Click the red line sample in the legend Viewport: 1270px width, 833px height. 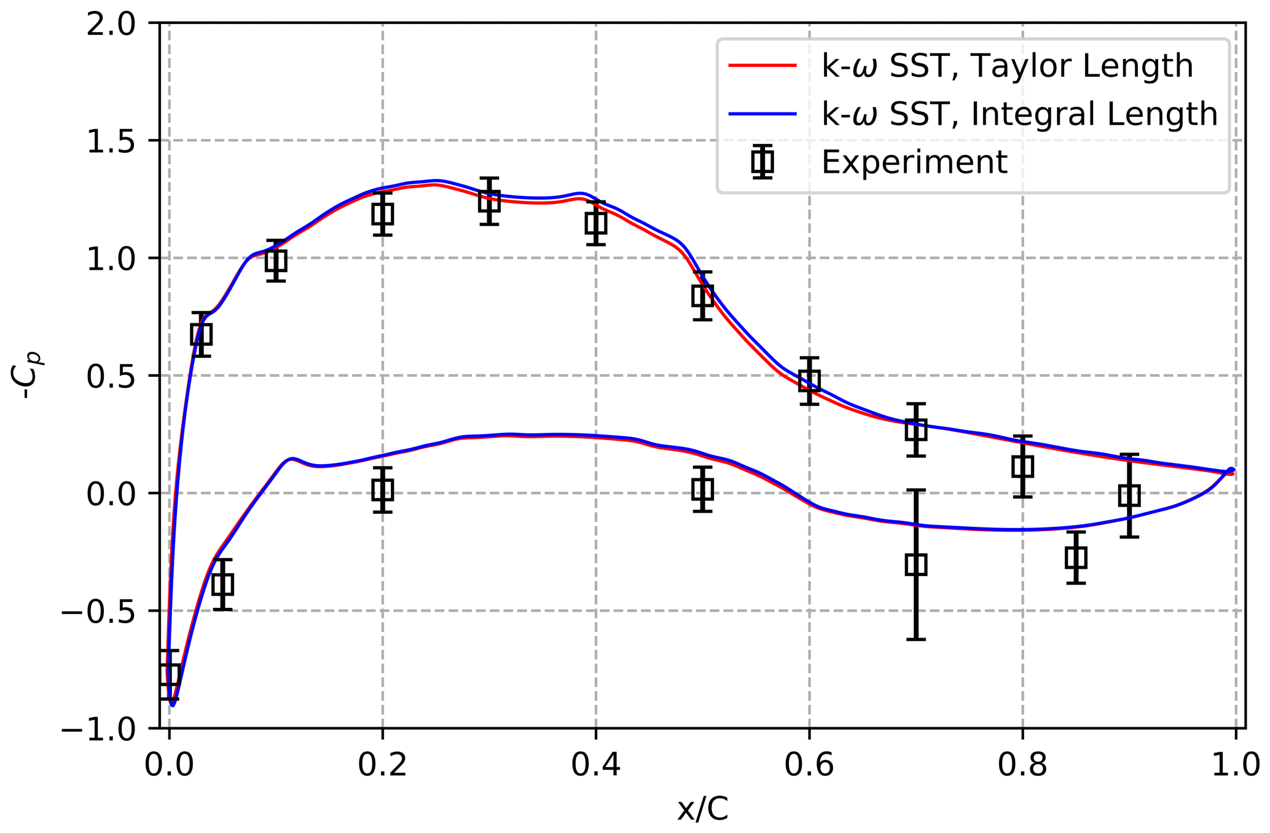click(762, 66)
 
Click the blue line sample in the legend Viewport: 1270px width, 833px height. click(762, 114)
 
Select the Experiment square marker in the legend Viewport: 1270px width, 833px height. click(762, 162)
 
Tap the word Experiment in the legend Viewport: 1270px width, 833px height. click(914, 162)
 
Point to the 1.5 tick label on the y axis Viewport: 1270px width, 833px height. click(111, 141)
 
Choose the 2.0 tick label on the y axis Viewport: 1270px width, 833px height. click(111, 23)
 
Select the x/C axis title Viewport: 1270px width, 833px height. click(702, 810)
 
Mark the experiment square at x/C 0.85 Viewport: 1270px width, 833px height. click(1075, 558)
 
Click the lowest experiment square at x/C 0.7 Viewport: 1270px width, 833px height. click(915, 564)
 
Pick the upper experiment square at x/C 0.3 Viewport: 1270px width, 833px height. click(489, 200)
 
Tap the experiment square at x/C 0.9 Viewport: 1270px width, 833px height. click(1129, 495)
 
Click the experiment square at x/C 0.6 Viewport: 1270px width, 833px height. click(809, 380)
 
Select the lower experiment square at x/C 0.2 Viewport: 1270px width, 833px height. click(382, 489)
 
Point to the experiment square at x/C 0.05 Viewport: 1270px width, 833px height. click(222, 584)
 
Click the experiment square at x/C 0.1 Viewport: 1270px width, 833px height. click(276, 261)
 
